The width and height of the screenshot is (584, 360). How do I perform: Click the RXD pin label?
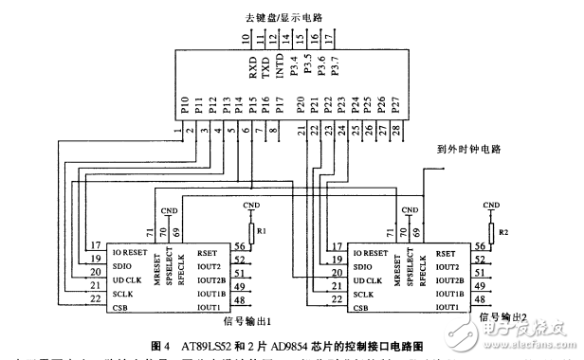252,69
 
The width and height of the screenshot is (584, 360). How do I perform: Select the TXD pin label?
265,69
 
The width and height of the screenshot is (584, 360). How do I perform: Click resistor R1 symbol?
252,231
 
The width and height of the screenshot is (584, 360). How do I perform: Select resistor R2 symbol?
491,231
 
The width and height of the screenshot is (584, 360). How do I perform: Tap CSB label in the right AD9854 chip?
363,306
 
